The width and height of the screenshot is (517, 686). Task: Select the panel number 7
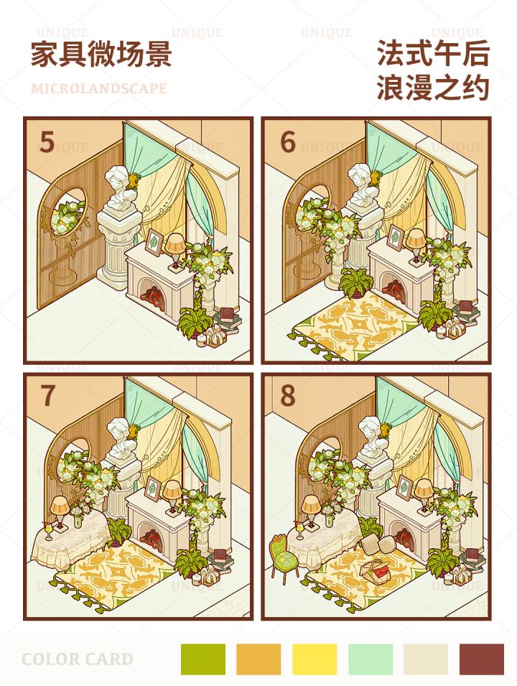pyautogui.click(x=47, y=395)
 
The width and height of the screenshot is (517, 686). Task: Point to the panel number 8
pyautogui.click(x=288, y=395)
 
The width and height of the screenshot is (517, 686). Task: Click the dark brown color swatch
pyautogui.click(x=482, y=659)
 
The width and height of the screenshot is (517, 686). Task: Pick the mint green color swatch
pyautogui.click(x=371, y=659)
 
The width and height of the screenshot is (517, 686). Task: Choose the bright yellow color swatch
pyautogui.click(x=315, y=659)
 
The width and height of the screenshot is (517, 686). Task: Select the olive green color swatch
pyautogui.click(x=203, y=659)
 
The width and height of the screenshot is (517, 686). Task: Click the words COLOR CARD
pyautogui.click(x=78, y=659)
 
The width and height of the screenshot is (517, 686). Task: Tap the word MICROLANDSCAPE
pyautogui.click(x=99, y=88)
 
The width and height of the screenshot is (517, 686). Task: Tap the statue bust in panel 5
pyautogui.click(x=117, y=187)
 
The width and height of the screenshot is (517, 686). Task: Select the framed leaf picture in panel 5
pyautogui.click(x=153, y=242)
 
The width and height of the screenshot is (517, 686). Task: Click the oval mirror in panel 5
pyautogui.click(x=68, y=211)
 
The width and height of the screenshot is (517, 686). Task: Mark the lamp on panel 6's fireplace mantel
pyautogui.click(x=415, y=246)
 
